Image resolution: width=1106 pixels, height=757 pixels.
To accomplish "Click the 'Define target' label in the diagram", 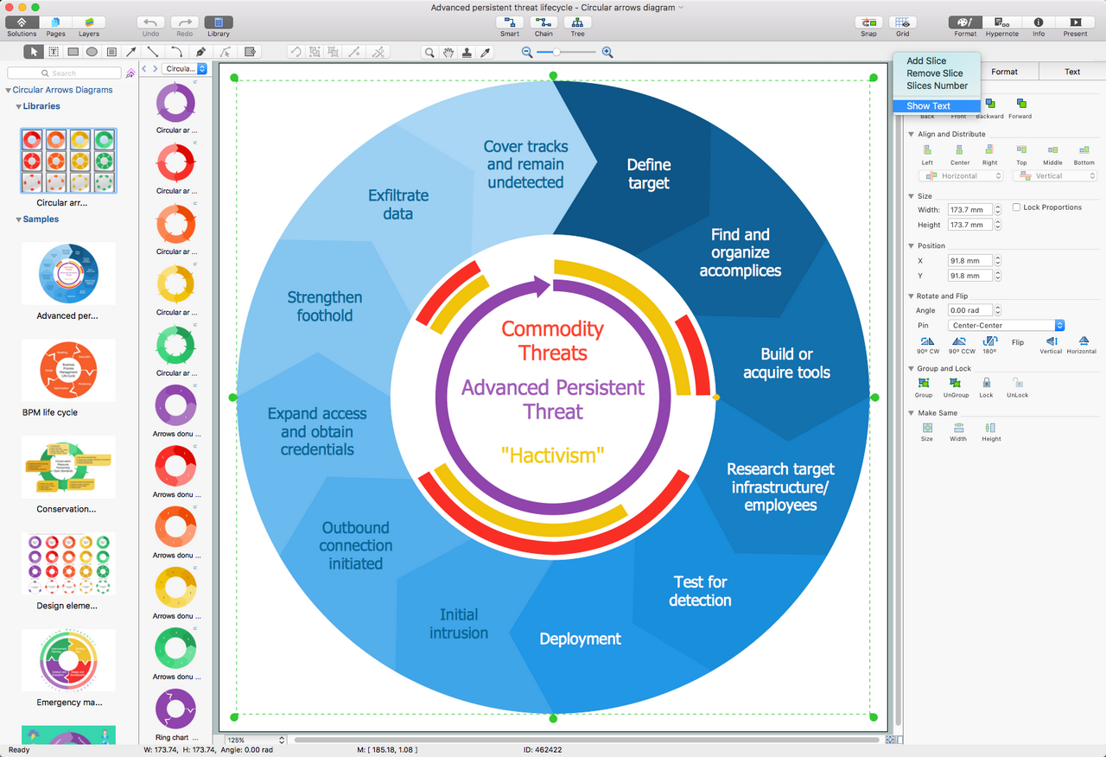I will click(x=648, y=174).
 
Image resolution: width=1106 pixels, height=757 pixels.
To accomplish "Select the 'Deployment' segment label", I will click(x=580, y=639).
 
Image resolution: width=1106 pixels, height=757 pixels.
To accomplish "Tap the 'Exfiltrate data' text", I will click(x=397, y=205).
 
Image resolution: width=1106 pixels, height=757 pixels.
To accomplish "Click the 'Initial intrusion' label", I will click(x=458, y=623).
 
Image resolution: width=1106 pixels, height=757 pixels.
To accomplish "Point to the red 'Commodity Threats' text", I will click(x=552, y=340).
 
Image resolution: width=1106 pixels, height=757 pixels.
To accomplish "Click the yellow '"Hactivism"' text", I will click(x=552, y=455).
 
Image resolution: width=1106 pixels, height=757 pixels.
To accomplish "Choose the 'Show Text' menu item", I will click(x=928, y=106).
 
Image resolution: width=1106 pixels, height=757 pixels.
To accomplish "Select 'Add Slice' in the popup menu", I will click(x=926, y=61).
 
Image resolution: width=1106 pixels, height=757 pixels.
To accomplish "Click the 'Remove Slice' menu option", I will click(x=934, y=73).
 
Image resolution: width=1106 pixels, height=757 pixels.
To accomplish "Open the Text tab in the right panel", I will click(x=1071, y=72).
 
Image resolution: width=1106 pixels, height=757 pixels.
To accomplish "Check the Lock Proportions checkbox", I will click(x=1016, y=207).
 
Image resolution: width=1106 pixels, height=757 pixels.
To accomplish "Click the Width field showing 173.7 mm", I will click(x=968, y=210).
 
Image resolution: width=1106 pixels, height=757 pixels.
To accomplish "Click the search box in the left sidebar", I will click(x=65, y=73).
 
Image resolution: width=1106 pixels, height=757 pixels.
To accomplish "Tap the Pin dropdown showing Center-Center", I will click(x=1006, y=326).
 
